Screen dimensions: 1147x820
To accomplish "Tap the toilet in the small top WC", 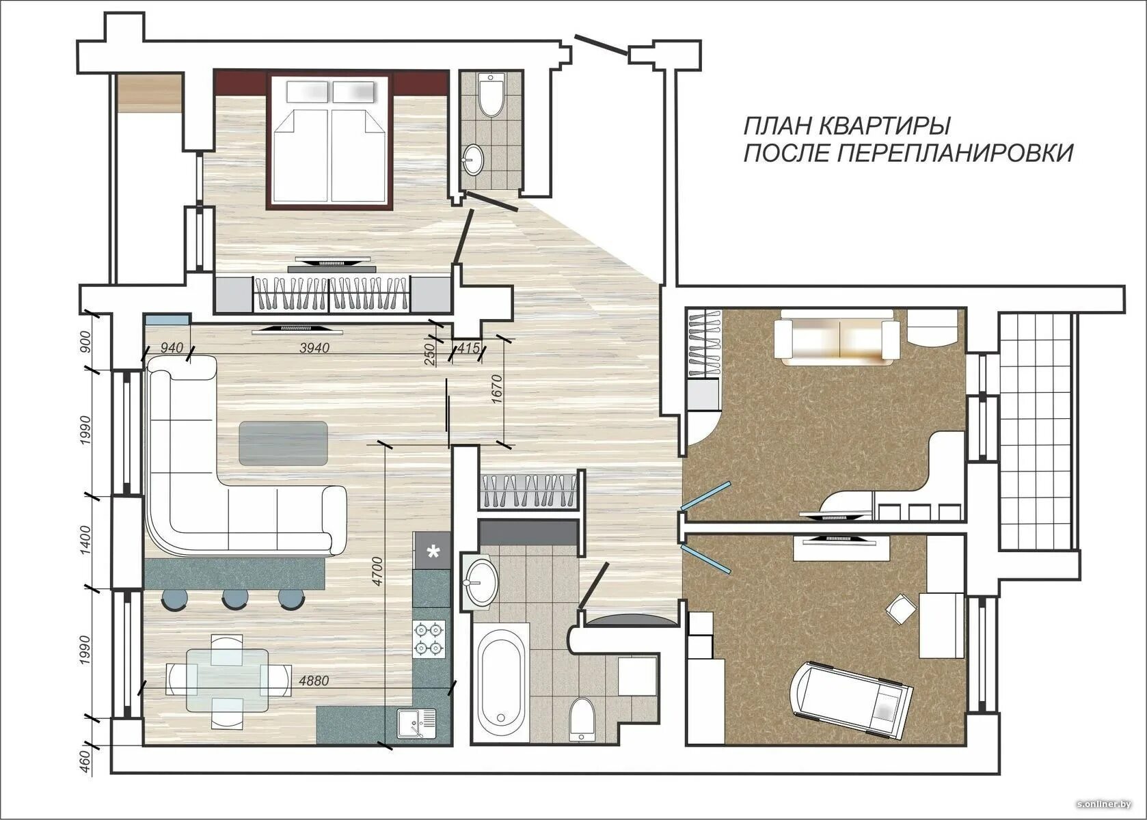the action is coord(491,95).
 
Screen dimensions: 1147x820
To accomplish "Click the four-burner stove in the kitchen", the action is coord(429,639).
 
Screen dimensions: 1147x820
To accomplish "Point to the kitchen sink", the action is coord(417,723).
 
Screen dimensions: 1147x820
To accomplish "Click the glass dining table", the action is coord(228,681).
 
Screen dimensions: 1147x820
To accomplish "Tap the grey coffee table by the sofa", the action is coord(284,443).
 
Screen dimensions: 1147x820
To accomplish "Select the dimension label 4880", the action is coord(313,681).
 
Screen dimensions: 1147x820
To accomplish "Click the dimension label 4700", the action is coord(377,571).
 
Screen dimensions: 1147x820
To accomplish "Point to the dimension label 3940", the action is coord(314,348).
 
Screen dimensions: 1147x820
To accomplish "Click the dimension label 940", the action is coord(172,348).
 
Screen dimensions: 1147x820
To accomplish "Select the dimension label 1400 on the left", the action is coord(85,540).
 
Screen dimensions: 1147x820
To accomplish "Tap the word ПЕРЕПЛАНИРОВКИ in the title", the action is coord(955,153).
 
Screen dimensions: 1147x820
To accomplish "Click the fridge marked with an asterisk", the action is coord(433,551).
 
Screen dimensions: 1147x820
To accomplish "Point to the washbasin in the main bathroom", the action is coord(480,582).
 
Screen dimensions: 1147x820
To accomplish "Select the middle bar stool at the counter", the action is coord(236,598).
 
